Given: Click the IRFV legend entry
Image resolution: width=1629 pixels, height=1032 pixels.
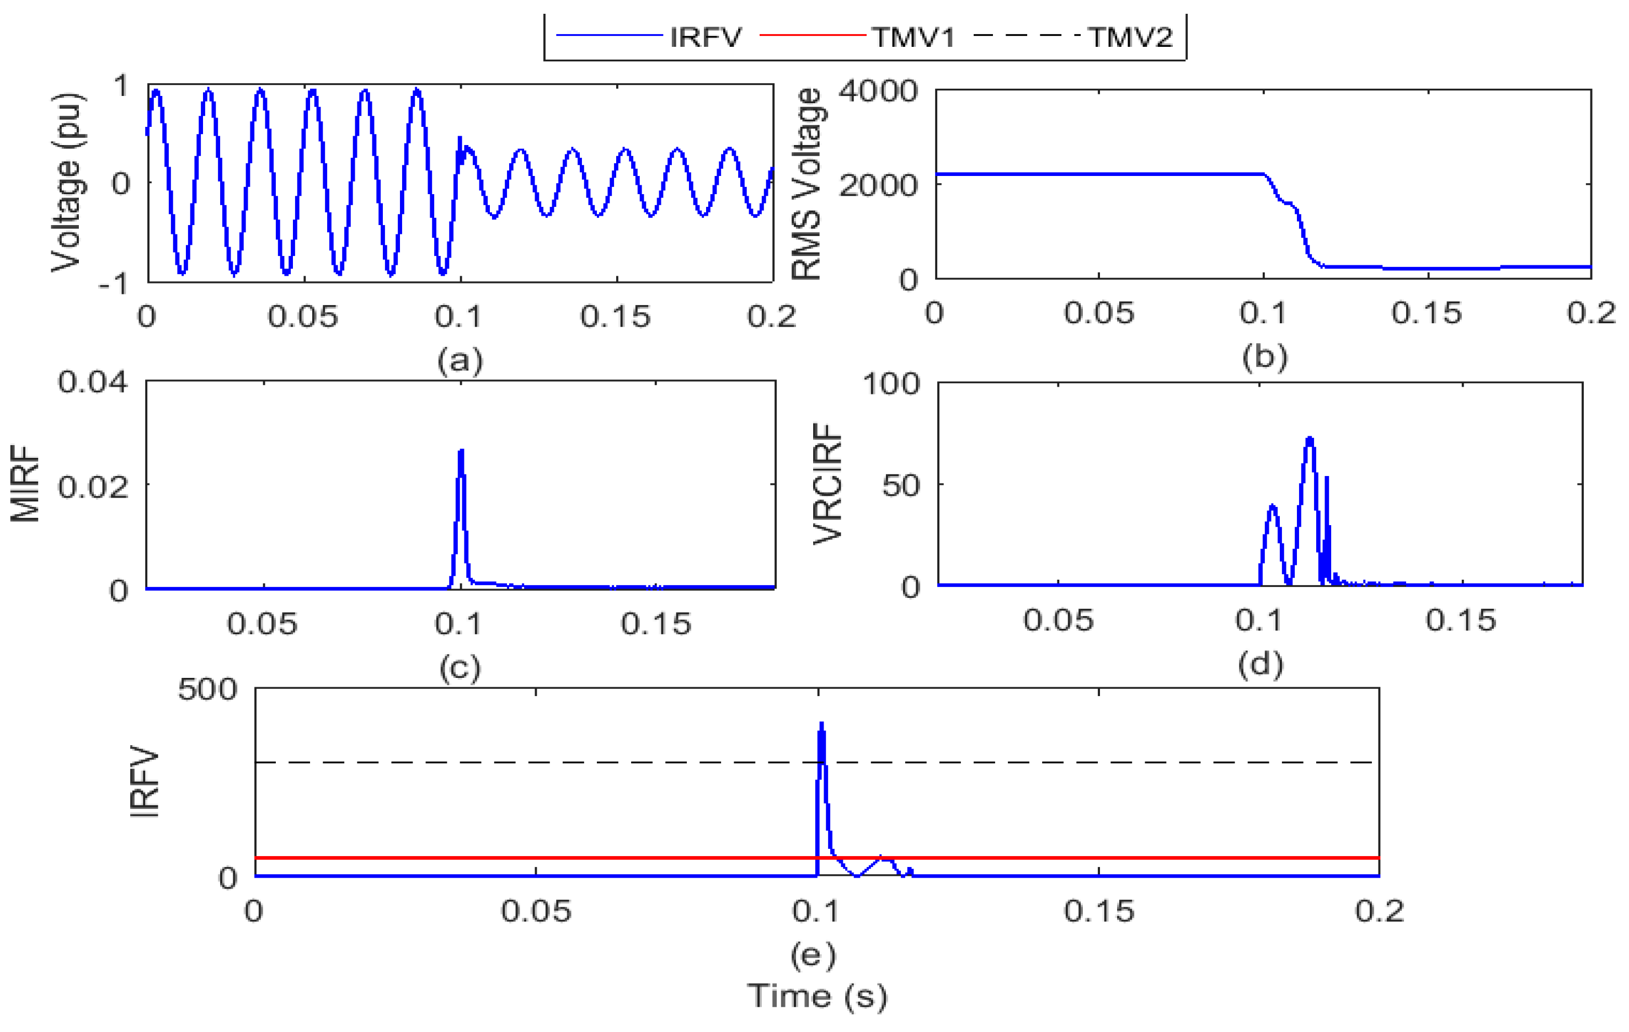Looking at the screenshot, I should point(705,37).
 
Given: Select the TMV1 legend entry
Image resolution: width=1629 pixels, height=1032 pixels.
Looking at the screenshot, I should point(912,37).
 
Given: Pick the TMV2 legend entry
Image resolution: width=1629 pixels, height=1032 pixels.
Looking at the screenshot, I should point(1130,37).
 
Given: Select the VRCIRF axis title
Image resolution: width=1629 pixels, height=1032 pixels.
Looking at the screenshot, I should point(827,484).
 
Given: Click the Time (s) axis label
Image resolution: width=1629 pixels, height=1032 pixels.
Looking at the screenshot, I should point(816,996).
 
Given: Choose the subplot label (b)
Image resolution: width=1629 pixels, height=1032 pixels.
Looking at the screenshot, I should point(1264,356).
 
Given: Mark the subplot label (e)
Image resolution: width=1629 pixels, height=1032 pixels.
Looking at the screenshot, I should point(813,955).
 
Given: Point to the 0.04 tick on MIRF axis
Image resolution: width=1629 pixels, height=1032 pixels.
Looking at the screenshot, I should point(92,382).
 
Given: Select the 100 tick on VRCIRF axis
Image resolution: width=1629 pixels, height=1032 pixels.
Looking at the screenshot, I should point(891,384).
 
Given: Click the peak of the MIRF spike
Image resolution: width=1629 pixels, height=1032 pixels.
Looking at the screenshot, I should point(461,451).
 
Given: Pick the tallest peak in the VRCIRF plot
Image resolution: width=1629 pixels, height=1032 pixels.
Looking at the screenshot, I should point(1310,439).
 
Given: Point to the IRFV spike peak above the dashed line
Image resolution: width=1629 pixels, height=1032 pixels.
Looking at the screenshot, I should point(822,724).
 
